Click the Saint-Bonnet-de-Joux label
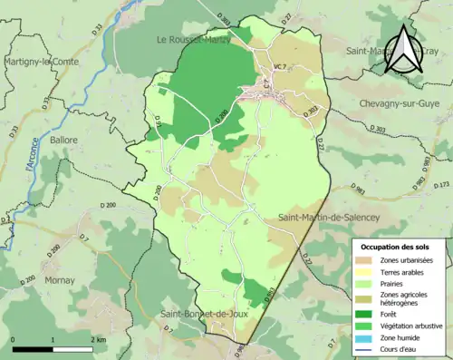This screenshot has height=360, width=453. click(204, 314)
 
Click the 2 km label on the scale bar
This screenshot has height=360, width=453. click(98, 339)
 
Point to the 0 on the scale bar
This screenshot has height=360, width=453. click(14, 339)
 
